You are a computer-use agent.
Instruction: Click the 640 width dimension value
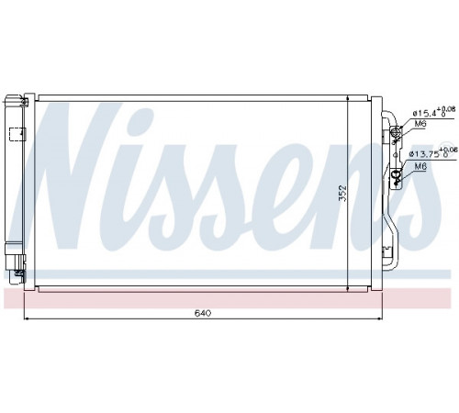(203, 313)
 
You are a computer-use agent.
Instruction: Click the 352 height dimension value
(342, 193)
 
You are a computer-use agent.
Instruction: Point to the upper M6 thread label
(420, 124)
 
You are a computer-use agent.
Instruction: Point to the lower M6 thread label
(420, 166)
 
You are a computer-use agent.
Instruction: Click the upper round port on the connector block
(396, 132)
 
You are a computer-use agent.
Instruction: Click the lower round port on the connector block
(396, 174)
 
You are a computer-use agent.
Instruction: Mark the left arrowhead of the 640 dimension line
(26, 318)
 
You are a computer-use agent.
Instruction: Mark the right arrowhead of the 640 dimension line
(380, 318)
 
